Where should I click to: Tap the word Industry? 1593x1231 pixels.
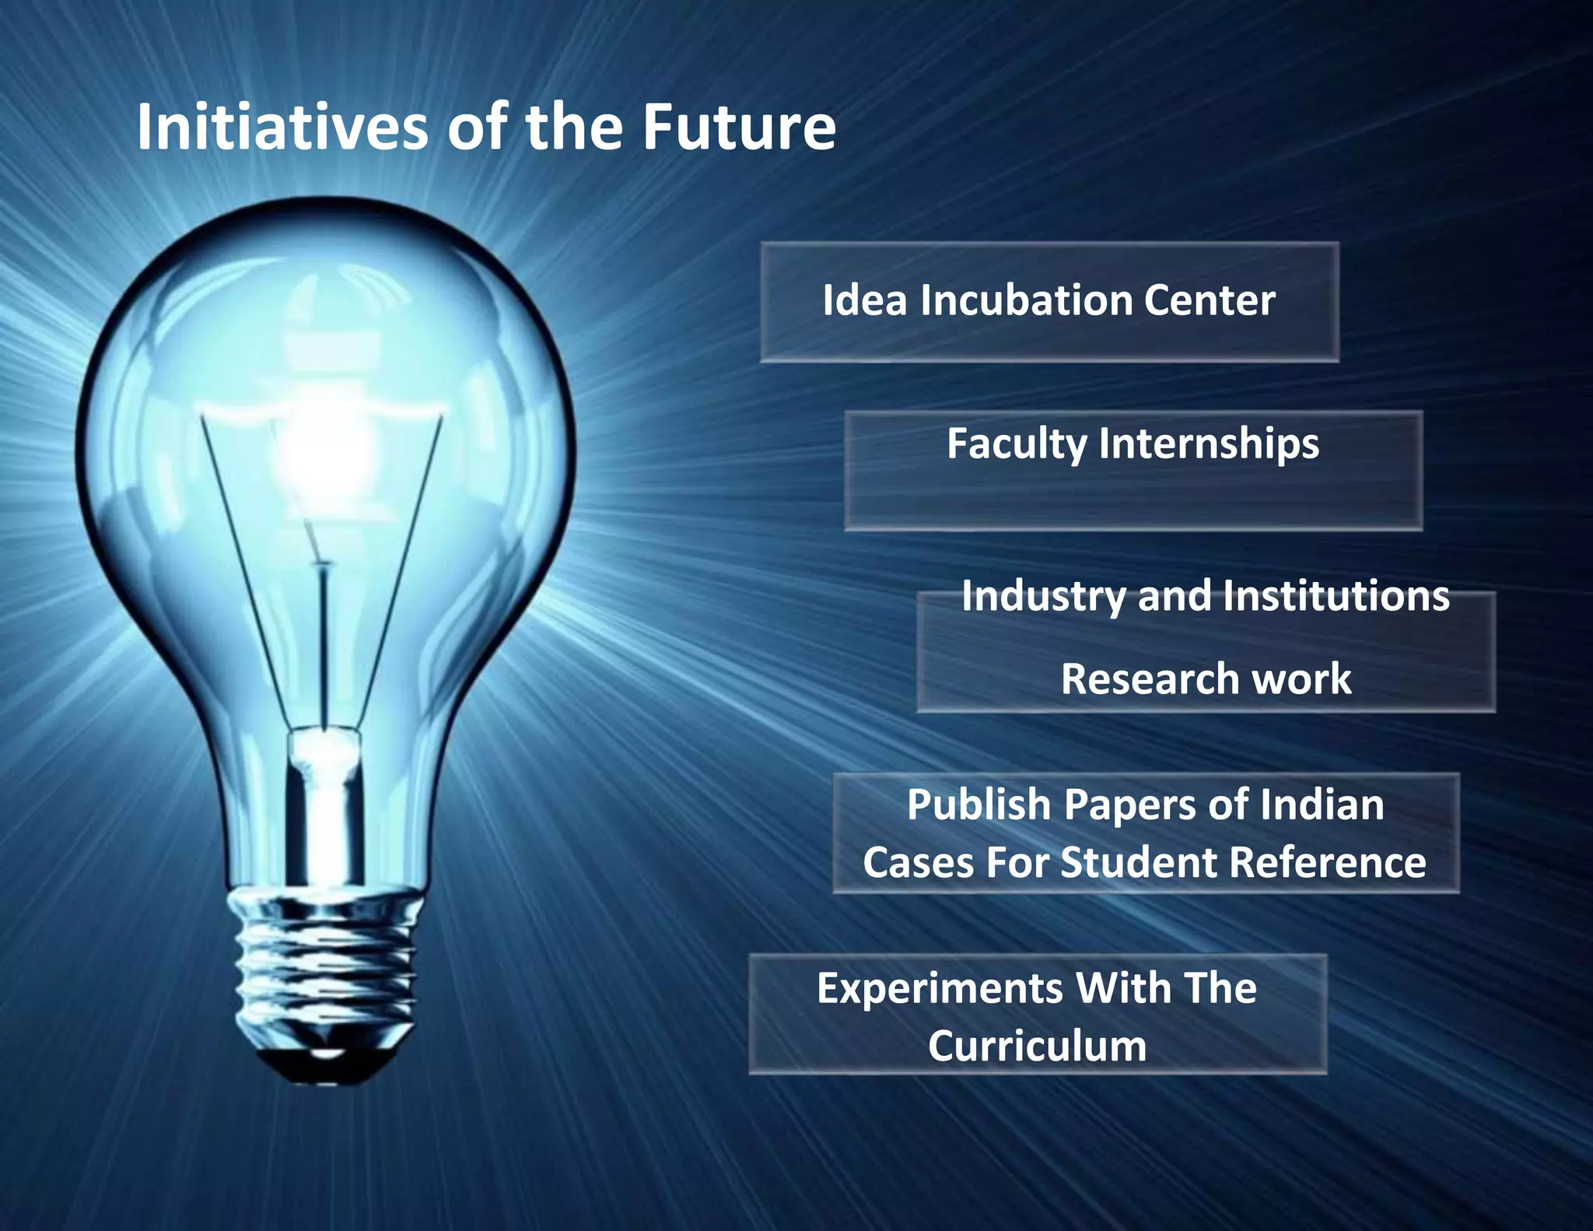click(1043, 598)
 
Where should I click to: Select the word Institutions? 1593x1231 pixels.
click(1336, 598)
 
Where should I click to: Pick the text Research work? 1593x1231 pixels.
click(1206, 679)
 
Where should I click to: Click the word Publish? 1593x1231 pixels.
click(979, 805)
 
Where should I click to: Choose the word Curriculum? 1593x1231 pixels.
click(1037, 1047)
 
